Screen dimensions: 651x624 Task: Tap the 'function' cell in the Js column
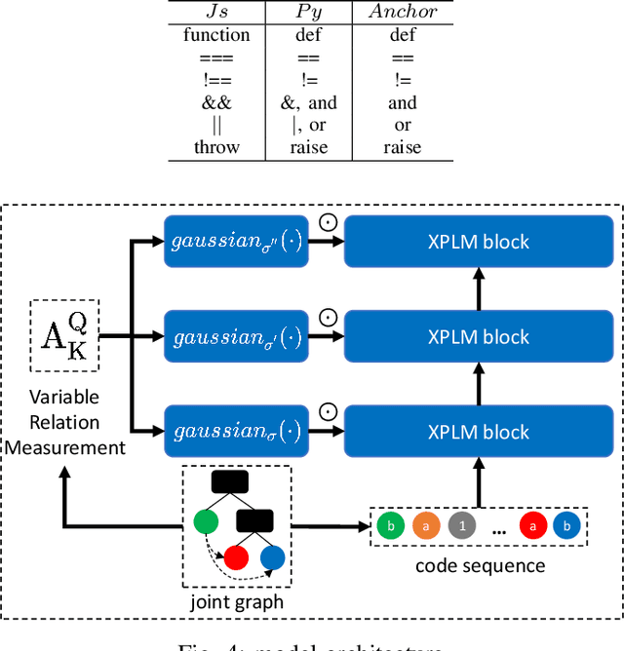pyautogui.click(x=216, y=35)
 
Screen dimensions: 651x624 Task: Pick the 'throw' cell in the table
pyautogui.click(x=216, y=147)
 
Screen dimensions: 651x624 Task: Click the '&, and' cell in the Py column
pyautogui.click(x=309, y=102)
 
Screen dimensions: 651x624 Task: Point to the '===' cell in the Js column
pyautogui.click(x=216, y=57)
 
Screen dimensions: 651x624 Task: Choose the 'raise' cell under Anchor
pyautogui.click(x=402, y=147)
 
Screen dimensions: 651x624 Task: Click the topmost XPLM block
pyautogui.click(x=479, y=242)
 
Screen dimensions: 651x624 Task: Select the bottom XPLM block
pyautogui.click(x=479, y=432)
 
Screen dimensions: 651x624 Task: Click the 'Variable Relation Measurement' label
pyautogui.click(x=63, y=422)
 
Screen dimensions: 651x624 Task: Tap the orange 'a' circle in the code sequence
pyautogui.click(x=426, y=526)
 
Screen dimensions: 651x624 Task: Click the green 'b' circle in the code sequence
pyautogui.click(x=389, y=526)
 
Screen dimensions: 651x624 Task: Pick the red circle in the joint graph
pyautogui.click(x=237, y=558)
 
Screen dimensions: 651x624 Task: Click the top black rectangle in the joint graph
pyautogui.click(x=231, y=481)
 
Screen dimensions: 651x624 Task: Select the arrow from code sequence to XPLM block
pyautogui.click(x=479, y=480)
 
